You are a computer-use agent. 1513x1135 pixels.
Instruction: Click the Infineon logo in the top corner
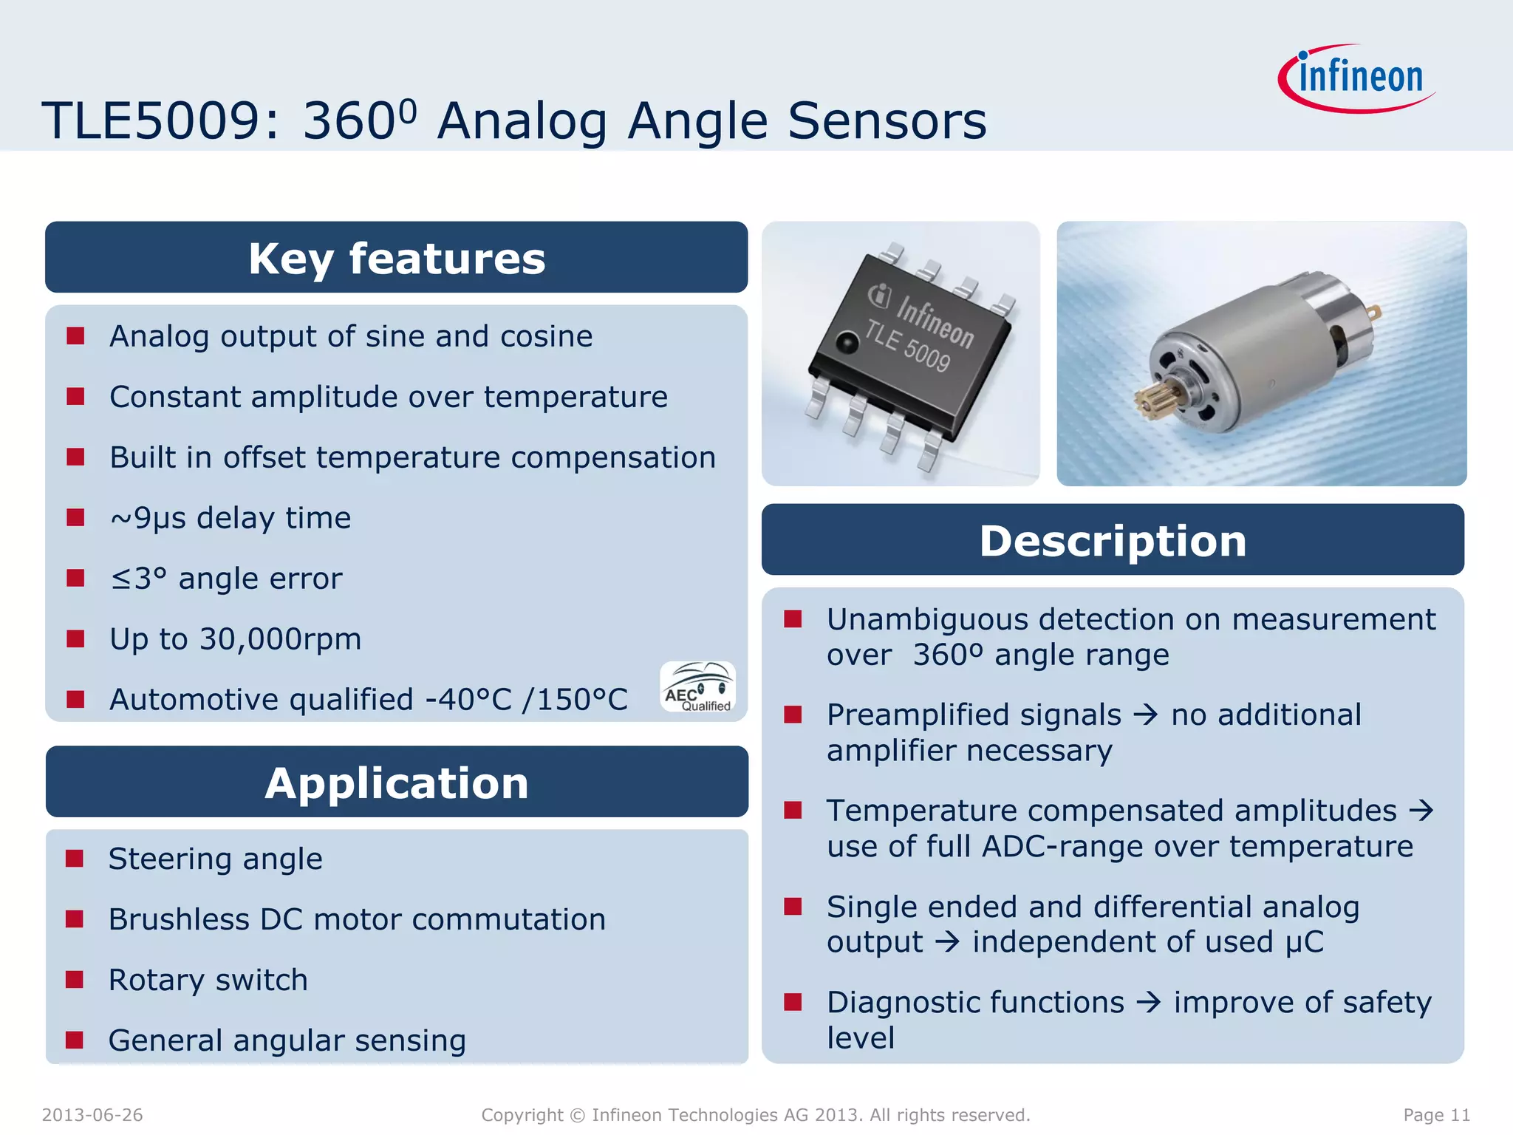[1358, 78]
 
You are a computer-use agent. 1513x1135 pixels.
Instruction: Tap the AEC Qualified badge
[697, 687]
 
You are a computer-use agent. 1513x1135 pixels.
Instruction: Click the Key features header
[397, 258]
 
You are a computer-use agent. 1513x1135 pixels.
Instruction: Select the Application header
[397, 783]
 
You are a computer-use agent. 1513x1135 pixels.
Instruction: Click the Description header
[1113, 540]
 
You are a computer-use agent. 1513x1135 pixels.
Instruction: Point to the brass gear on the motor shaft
[1158, 400]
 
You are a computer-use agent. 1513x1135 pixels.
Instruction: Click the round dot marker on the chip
[847, 342]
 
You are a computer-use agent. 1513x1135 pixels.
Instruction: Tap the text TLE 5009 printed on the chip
[907, 347]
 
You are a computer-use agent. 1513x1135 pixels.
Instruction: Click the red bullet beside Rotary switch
[75, 980]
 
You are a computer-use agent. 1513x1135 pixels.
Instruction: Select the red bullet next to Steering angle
[75, 859]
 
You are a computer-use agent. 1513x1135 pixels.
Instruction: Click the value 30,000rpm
[280, 639]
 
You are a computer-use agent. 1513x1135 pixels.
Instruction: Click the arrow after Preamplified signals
[1146, 715]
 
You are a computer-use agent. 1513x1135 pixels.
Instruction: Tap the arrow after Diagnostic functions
[1149, 1003]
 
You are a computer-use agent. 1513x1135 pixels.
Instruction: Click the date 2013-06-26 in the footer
[92, 1115]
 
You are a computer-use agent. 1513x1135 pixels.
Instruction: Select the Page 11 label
[1436, 1115]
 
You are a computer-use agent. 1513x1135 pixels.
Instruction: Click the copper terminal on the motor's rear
[1373, 313]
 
